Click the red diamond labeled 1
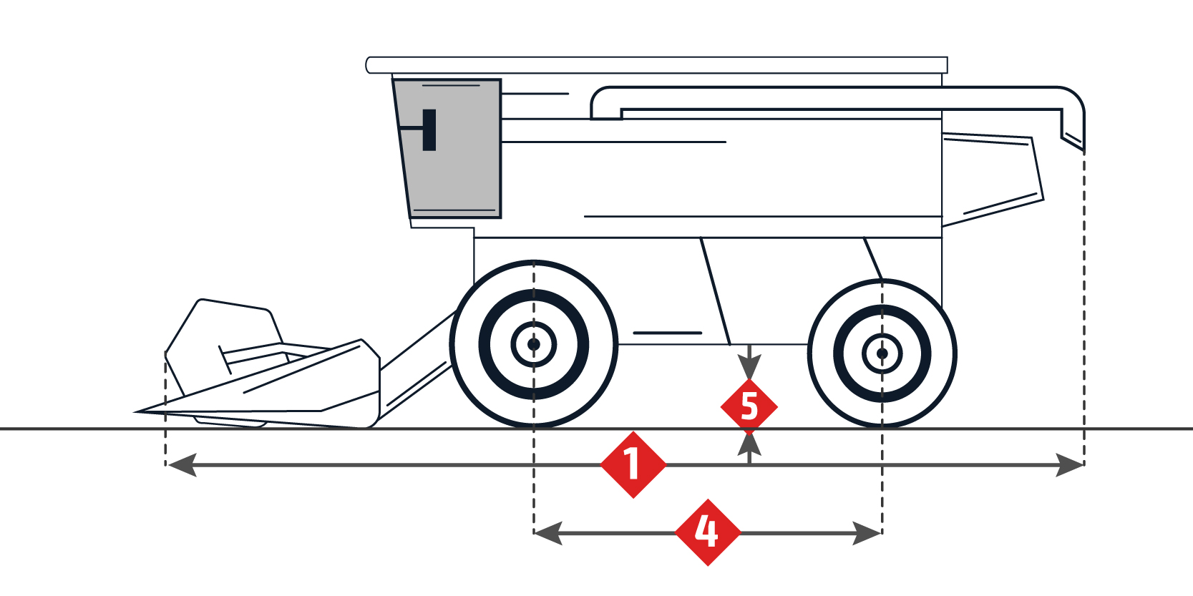(x=633, y=464)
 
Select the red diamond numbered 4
(x=707, y=532)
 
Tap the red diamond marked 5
(x=749, y=406)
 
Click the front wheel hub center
(x=534, y=344)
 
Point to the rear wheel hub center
(x=882, y=353)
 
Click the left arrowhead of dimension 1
(x=180, y=465)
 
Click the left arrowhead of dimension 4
(x=547, y=533)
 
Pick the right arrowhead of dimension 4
(x=867, y=533)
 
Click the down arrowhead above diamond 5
(x=749, y=367)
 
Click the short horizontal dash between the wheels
(x=667, y=333)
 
